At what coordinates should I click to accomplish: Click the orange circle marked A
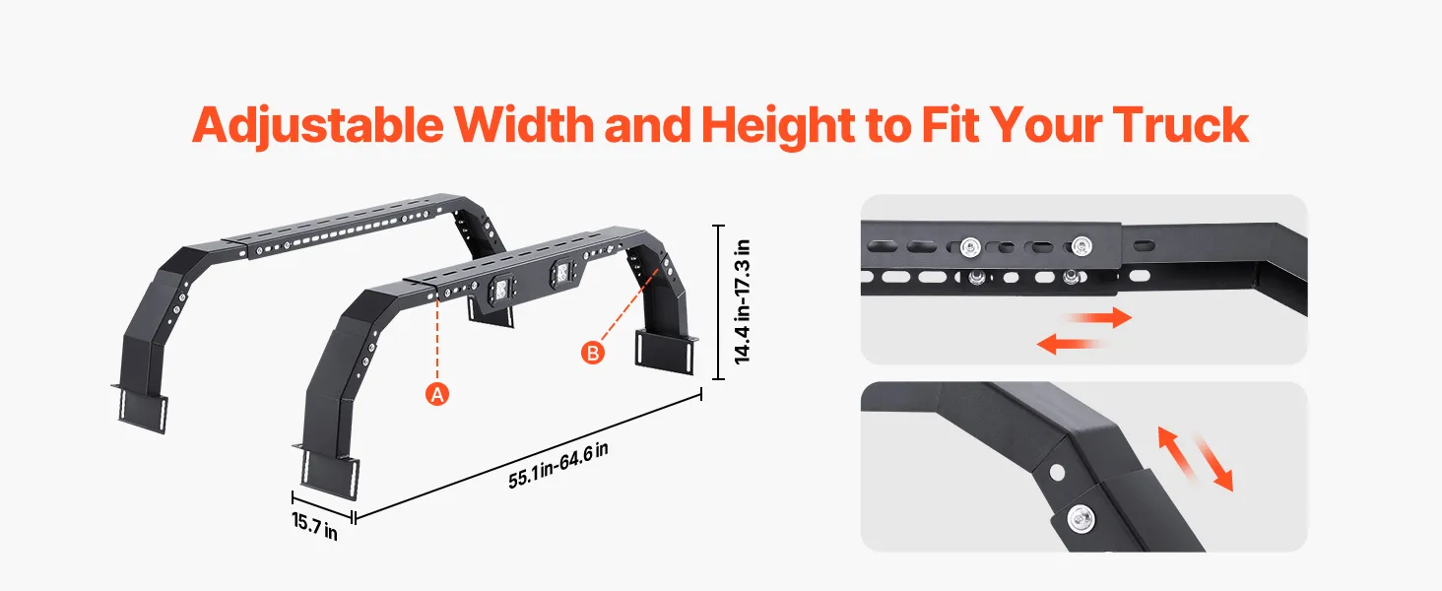coord(437,394)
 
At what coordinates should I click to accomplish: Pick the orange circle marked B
coord(593,353)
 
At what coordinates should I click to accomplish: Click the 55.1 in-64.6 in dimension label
coord(558,466)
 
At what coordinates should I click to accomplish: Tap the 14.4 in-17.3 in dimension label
coord(743,301)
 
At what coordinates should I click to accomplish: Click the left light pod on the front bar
coord(499,289)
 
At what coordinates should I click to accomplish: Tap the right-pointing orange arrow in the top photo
coord(1099,317)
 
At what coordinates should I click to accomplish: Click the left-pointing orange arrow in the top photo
coord(1069,344)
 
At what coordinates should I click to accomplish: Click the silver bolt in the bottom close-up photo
coord(1081,519)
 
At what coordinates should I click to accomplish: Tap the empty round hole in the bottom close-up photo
coord(1057,472)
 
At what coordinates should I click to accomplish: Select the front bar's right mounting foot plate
coord(666,352)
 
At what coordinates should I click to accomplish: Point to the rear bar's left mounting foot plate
coord(143,410)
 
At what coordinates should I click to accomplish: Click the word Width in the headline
coord(524,125)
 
